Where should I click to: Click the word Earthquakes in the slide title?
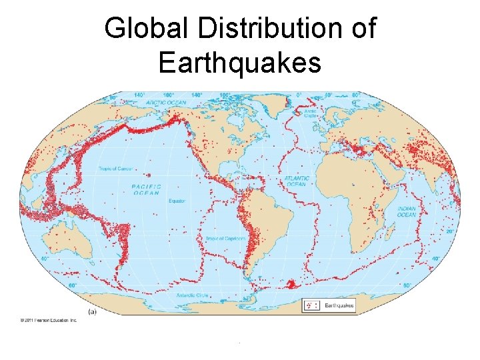click(x=240, y=63)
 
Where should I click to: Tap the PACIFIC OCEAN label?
click(x=145, y=190)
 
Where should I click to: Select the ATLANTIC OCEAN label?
click(x=297, y=181)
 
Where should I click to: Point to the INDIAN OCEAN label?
click(x=407, y=211)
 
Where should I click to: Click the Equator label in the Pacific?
click(x=177, y=201)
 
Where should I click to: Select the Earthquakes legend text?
click(x=339, y=305)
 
